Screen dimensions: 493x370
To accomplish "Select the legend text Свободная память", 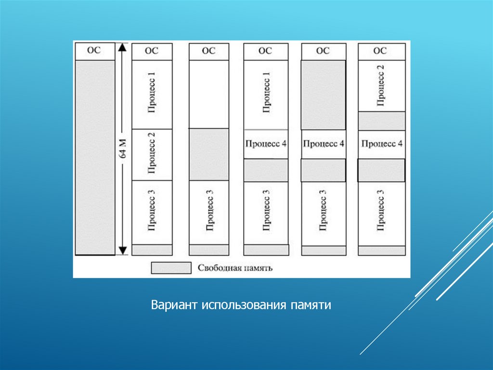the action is (235, 268).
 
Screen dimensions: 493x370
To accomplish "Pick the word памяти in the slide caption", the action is (311, 305).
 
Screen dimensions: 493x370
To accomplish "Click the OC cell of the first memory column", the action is (95, 50).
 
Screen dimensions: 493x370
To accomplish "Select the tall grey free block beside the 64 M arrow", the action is (95, 157).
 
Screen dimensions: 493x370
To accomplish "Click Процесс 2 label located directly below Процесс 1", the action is (152, 155).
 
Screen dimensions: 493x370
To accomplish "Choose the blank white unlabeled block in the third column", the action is (208, 94).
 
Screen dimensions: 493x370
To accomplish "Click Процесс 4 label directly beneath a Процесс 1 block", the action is (266, 144).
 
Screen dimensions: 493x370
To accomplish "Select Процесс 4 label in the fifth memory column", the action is (324, 144).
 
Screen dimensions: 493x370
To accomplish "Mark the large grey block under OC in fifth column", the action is (324, 95).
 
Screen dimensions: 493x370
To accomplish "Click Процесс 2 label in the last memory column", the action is (381, 85).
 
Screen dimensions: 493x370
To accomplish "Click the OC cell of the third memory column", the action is (208, 51).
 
